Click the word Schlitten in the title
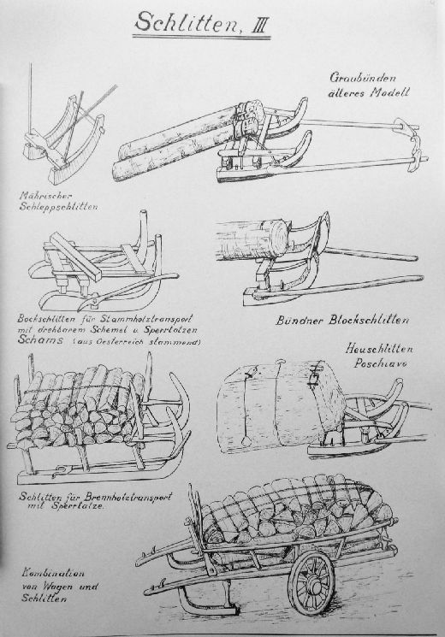click(x=187, y=23)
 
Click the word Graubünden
click(x=363, y=77)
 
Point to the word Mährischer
click(x=45, y=196)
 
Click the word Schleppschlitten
click(x=58, y=207)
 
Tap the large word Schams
click(x=41, y=340)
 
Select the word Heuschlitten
click(x=379, y=349)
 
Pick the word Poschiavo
click(x=380, y=363)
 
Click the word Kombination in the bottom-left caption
click(x=53, y=574)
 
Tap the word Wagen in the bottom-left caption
click(x=61, y=587)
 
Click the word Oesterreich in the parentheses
click(x=115, y=342)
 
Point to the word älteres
click(x=347, y=92)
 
